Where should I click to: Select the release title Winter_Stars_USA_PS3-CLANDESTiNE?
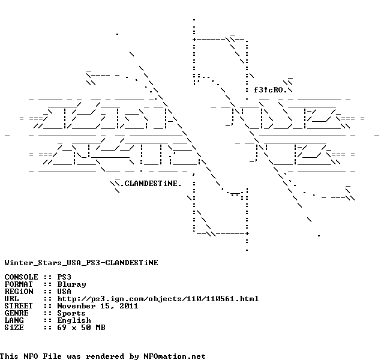81,262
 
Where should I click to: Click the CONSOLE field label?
21,277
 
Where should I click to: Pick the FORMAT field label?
19,284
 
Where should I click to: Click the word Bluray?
71,284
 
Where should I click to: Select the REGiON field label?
19,292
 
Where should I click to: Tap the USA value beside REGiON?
64,292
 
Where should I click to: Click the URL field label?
11,299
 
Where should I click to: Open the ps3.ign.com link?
158,299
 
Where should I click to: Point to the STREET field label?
19,306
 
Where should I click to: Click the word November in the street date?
76,306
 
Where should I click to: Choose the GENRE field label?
16,313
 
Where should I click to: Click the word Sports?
71,313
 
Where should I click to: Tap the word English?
74,320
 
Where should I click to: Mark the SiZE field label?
14,328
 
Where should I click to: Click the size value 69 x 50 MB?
81,328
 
